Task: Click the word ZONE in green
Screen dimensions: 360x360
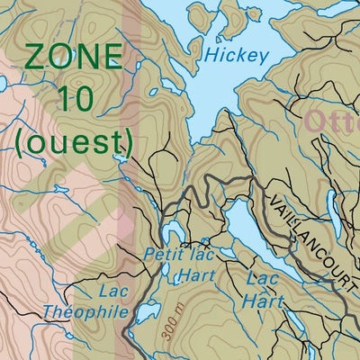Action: click(x=74, y=58)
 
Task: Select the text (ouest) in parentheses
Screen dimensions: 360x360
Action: click(x=74, y=140)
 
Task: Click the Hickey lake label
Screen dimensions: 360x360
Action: click(x=237, y=56)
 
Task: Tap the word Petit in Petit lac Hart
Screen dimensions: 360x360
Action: click(x=162, y=256)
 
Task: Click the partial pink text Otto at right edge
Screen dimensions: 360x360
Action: click(x=332, y=121)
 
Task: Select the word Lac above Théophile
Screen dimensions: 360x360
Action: click(x=114, y=291)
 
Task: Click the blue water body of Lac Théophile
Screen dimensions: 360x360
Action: click(x=142, y=313)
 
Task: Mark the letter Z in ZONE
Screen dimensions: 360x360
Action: click(x=35, y=58)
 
